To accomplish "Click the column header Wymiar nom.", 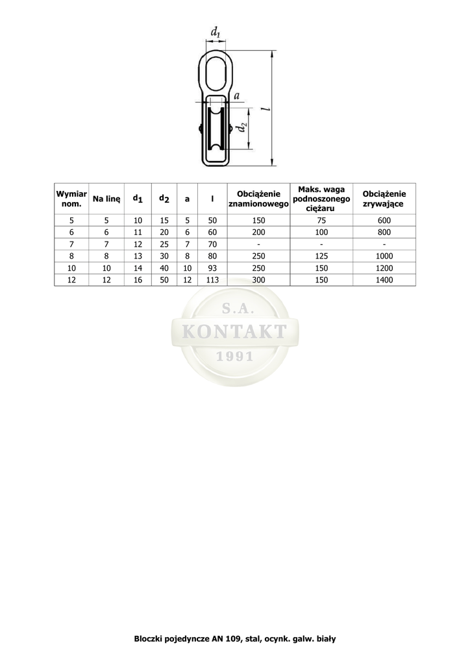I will (71, 199).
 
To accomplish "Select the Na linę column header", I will (106, 199).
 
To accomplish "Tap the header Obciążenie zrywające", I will (384, 199).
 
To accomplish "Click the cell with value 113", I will (212, 281).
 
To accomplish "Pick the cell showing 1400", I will (384, 281).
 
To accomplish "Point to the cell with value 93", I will (212, 268).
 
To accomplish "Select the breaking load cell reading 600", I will (384, 221).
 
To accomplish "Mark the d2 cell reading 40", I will (164, 268).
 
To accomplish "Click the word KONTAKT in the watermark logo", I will (234, 332).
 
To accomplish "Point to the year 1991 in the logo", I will (234, 357).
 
